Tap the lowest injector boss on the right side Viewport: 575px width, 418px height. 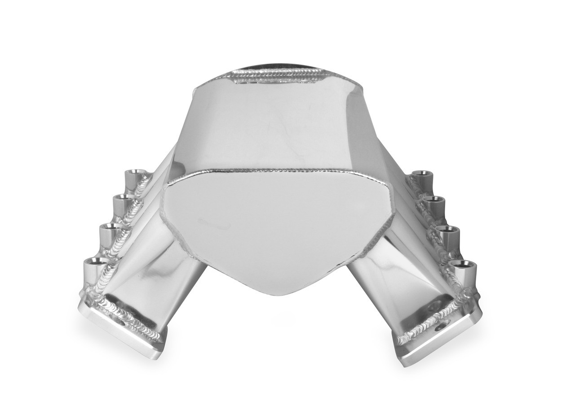coord(463,265)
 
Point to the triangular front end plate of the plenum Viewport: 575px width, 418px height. coord(274,224)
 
